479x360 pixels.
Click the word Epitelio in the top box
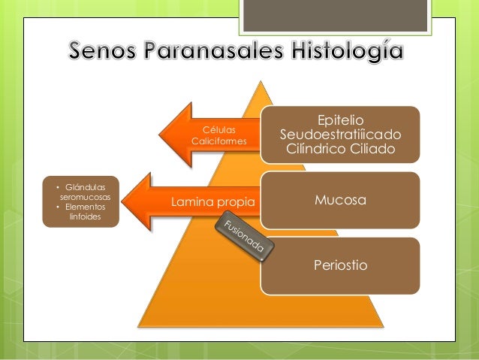click(x=340, y=120)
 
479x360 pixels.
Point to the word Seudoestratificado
click(x=340, y=135)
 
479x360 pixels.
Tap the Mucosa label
click(x=340, y=201)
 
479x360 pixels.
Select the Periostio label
click(x=340, y=265)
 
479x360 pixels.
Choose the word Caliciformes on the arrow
click(x=219, y=141)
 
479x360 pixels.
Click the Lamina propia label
click(x=213, y=202)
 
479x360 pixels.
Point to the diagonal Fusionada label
click(x=243, y=238)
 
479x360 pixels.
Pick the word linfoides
click(x=83, y=216)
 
